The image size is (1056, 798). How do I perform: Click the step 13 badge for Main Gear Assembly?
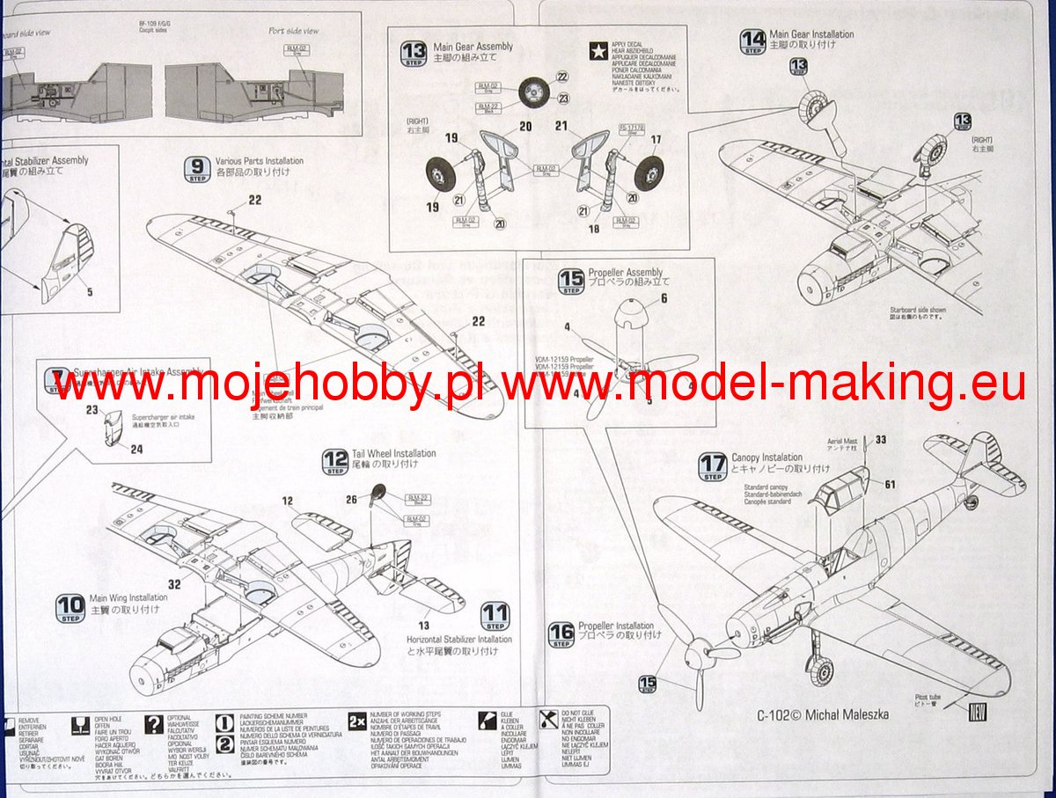pyautogui.click(x=414, y=54)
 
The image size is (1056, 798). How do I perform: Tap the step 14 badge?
pyautogui.click(x=752, y=41)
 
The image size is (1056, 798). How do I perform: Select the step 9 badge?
pyautogui.click(x=198, y=168)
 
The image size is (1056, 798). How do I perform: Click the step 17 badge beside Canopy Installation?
pyautogui.click(x=713, y=465)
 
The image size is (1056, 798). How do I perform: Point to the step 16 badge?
pyautogui.click(x=561, y=634)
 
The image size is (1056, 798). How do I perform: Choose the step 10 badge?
pyautogui.click(x=70, y=607)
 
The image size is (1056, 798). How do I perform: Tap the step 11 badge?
pyautogui.click(x=495, y=616)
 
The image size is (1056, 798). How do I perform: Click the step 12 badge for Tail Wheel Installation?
pyautogui.click(x=335, y=461)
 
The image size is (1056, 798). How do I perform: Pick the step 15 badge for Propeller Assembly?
pyautogui.click(x=571, y=281)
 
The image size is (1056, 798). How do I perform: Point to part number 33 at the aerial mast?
pyautogui.click(x=881, y=439)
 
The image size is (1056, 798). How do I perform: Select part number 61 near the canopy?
pyautogui.click(x=890, y=484)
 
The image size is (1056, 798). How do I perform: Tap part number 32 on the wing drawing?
pyautogui.click(x=174, y=582)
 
